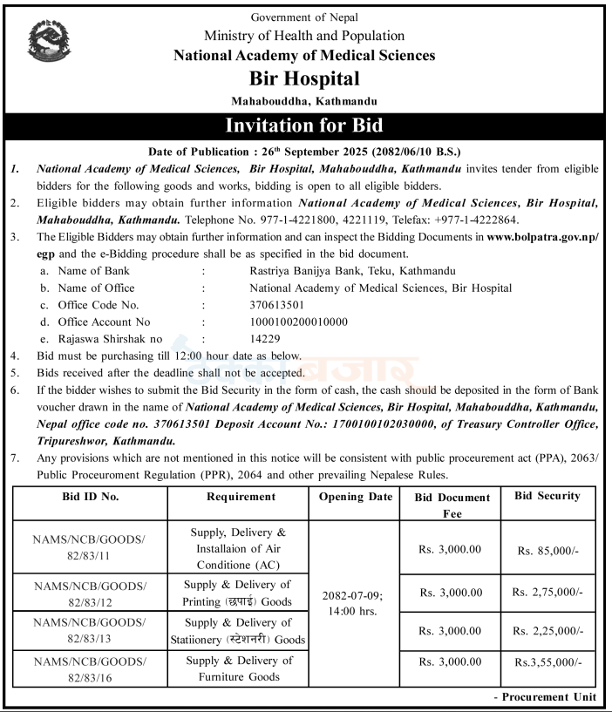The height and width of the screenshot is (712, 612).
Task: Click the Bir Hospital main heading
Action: point(304,79)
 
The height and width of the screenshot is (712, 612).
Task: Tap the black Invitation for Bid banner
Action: point(304,125)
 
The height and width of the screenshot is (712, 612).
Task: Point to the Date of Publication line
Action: point(304,151)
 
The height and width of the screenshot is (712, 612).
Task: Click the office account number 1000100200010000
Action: point(298,322)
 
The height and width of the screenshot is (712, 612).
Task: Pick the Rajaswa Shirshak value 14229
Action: point(265,338)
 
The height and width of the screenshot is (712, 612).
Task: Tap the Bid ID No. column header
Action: point(90,497)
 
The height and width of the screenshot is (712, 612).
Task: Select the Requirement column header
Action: point(241,497)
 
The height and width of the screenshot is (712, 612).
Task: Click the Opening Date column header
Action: point(355,497)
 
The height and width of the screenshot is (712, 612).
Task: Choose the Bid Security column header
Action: point(547,496)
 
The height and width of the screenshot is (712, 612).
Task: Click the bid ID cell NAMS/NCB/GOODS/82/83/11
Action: point(90,546)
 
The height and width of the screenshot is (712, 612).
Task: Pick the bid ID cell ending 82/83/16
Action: point(90,668)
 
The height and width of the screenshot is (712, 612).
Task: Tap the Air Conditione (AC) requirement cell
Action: point(238,546)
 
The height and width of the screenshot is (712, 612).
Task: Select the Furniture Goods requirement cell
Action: point(238,668)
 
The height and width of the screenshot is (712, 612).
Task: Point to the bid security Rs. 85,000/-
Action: point(547,551)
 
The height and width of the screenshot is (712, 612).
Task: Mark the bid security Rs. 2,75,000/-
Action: point(547,593)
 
